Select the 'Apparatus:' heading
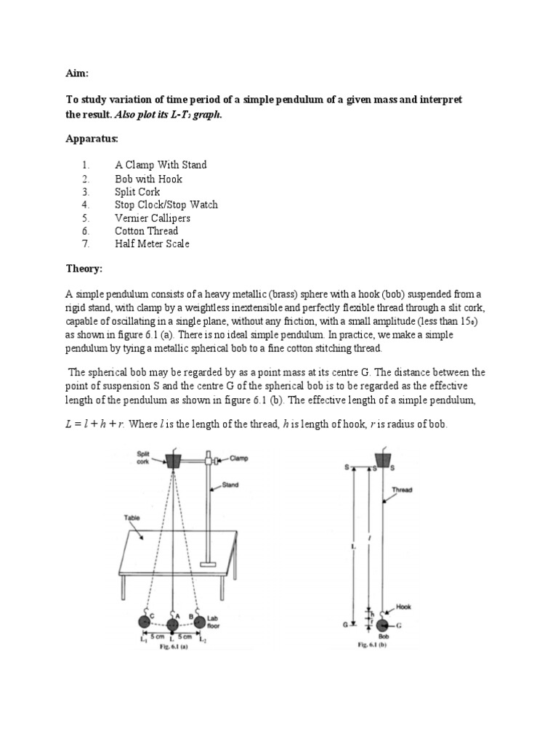tap(92, 138)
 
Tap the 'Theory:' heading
tap(84, 270)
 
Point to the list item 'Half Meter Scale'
tap(152, 244)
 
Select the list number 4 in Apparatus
tap(85, 205)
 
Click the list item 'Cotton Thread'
tap(146, 231)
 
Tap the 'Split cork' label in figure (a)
tap(143, 456)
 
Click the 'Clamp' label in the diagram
tap(239, 458)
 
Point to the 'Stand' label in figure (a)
tap(230, 485)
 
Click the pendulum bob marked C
tap(145, 624)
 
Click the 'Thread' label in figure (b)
tap(402, 490)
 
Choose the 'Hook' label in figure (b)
tap(403, 604)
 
